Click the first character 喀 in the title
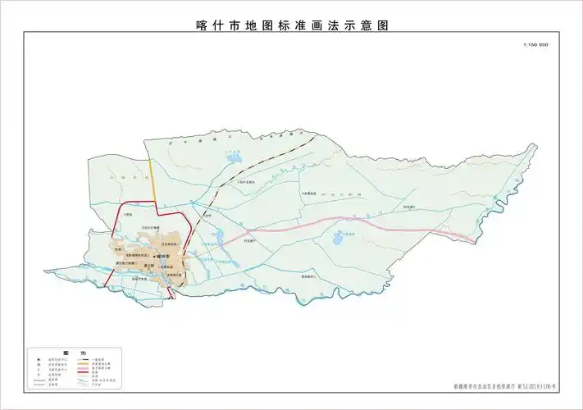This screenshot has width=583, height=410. (203, 25)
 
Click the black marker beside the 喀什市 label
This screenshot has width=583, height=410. (154, 257)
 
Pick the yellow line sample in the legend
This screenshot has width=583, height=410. (84, 364)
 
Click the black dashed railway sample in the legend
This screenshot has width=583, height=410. (84, 359)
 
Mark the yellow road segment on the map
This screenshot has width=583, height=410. (153, 180)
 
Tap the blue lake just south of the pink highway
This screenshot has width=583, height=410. (339, 239)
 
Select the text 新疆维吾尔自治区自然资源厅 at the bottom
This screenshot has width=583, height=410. (484, 385)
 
